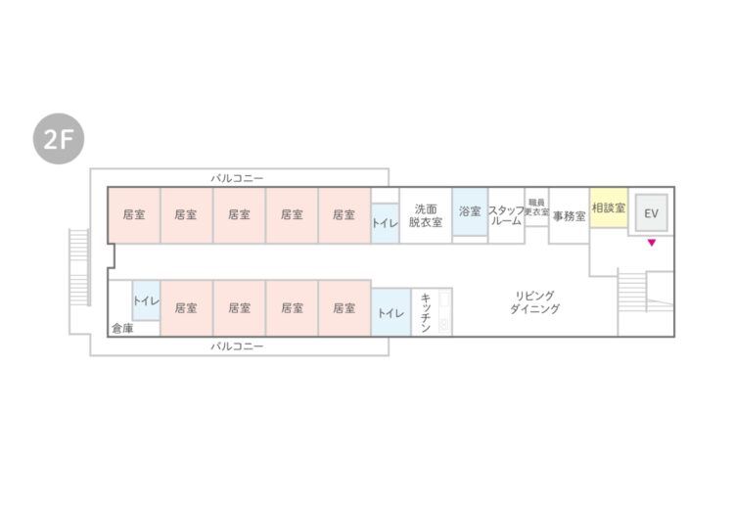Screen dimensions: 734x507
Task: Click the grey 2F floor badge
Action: (x=59, y=139)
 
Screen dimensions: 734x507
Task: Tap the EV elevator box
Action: (x=651, y=213)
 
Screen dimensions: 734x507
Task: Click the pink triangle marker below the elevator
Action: (x=651, y=243)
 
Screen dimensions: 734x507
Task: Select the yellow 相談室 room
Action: (x=609, y=207)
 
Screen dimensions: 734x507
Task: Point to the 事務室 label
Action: (x=570, y=215)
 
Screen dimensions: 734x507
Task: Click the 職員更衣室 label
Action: (x=536, y=207)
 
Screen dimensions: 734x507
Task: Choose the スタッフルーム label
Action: (x=506, y=215)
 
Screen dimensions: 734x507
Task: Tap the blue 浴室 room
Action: (x=470, y=211)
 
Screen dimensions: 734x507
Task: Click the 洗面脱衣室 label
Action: (x=426, y=215)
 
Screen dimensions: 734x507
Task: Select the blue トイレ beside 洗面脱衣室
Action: (x=385, y=223)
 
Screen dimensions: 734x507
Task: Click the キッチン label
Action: (x=426, y=312)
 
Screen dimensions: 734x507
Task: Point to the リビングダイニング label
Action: (x=534, y=302)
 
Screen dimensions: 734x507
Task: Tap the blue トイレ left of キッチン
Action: (x=390, y=312)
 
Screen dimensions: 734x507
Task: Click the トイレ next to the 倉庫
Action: (x=146, y=300)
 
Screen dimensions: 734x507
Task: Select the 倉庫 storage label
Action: (x=122, y=329)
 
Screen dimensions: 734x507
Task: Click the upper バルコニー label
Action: (x=237, y=178)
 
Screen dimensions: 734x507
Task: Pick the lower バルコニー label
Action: (x=237, y=346)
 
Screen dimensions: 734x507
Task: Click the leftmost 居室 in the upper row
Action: (x=134, y=215)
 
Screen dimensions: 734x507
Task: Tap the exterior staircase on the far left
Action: (x=79, y=267)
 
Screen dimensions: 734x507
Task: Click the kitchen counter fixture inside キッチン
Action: (x=444, y=312)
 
